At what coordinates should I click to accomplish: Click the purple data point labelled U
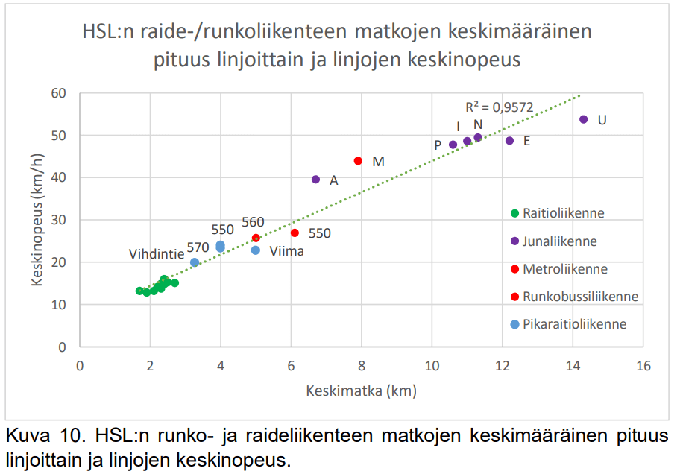coord(584,119)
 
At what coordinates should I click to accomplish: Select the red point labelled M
coord(358,161)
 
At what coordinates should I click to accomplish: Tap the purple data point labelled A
coord(315,180)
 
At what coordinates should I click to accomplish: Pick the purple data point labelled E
coord(510,141)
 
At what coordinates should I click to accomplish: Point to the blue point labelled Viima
coord(256,250)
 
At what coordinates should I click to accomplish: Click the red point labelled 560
coord(256,238)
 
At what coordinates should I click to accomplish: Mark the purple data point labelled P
coord(453,145)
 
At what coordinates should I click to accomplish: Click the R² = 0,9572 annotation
coord(499,107)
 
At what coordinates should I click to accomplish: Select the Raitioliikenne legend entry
coord(562,213)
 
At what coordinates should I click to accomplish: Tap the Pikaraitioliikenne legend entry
coord(573,324)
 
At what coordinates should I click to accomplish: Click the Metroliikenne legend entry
coord(564,269)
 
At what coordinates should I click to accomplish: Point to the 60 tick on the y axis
coord(59,93)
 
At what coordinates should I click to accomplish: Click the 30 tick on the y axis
coord(59,220)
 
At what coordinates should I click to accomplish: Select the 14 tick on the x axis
coord(573,366)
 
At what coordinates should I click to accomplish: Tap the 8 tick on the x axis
coord(362,366)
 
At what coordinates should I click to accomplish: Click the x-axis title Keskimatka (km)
coord(361,391)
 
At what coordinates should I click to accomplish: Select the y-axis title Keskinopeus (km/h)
coord(37,219)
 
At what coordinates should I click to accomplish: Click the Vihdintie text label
coord(157,254)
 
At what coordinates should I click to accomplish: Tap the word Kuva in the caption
coord(22,435)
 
